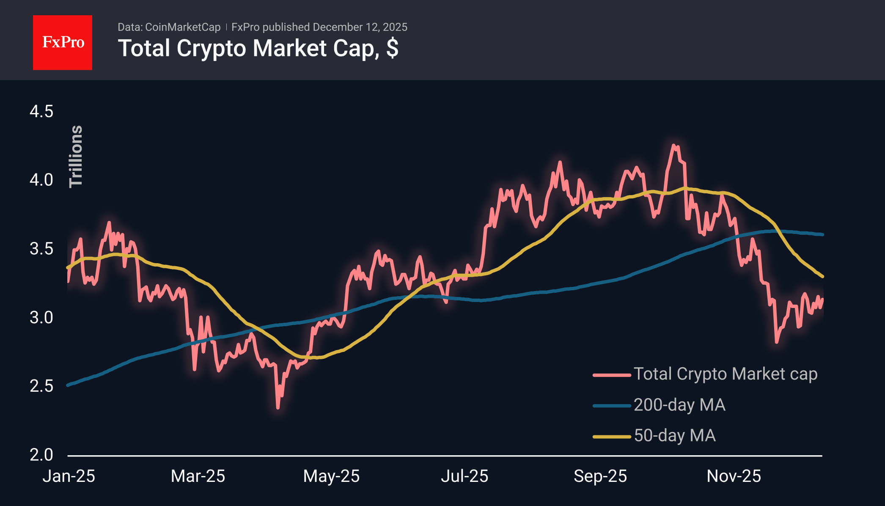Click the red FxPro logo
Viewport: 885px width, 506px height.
click(x=63, y=42)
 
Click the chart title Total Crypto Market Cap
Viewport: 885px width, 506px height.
click(x=258, y=48)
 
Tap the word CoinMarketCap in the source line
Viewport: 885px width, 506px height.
click(x=183, y=27)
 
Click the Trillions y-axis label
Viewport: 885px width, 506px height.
click(x=76, y=156)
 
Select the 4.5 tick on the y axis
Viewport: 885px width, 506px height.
click(x=41, y=112)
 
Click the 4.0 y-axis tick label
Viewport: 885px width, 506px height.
click(x=41, y=180)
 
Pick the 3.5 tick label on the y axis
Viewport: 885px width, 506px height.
click(x=41, y=249)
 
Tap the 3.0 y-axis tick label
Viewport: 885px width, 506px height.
click(x=41, y=317)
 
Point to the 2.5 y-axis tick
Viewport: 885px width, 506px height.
click(x=41, y=386)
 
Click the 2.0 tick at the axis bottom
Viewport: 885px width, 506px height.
click(x=41, y=455)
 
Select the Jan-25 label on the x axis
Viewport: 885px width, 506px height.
click(x=69, y=476)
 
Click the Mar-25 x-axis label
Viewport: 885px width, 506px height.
click(x=198, y=476)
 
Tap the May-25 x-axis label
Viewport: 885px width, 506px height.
click(x=331, y=476)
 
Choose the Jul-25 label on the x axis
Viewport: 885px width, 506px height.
click(x=464, y=476)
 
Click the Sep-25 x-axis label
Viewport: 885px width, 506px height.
click(x=600, y=476)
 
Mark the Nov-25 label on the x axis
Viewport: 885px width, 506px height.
click(x=734, y=476)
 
